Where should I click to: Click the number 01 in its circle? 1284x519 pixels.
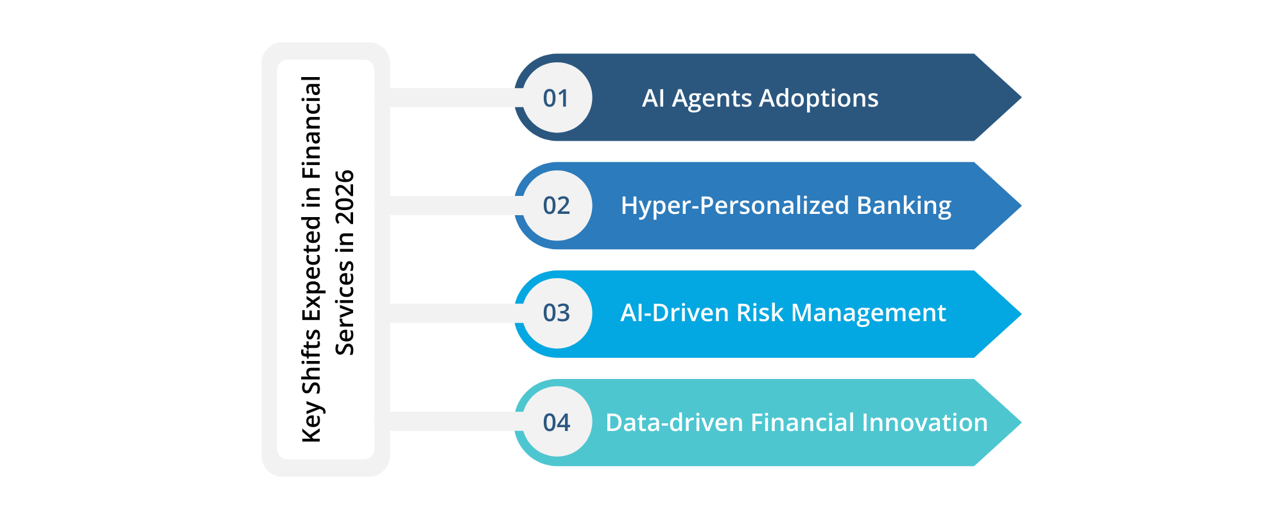point(556,98)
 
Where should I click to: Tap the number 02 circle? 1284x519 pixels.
point(556,206)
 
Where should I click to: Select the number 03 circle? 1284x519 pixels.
point(556,313)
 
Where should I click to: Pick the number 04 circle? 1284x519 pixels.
point(556,423)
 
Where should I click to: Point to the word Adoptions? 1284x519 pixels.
point(819,98)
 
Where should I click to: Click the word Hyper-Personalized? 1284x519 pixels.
point(735,206)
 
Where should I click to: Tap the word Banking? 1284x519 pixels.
point(904,206)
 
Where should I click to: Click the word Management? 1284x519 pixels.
point(869,313)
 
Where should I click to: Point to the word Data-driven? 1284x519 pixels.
point(674,423)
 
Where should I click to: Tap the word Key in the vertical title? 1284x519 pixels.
point(311,422)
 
